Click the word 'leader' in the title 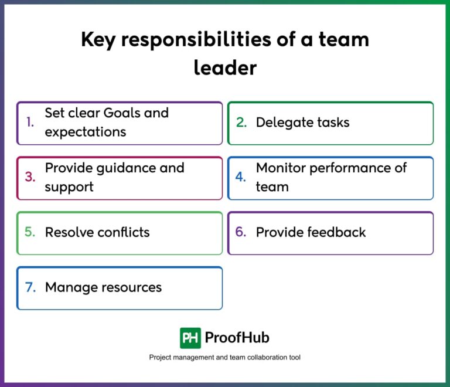tap(225, 67)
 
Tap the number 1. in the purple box tap(30, 122)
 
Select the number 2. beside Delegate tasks tap(241, 123)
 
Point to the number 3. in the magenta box tap(30, 177)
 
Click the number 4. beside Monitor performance tap(240, 177)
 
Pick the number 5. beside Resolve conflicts tap(30, 232)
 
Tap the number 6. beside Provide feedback tap(240, 232)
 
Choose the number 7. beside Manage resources tap(30, 287)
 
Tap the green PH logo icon tap(190, 338)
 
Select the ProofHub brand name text tap(237, 338)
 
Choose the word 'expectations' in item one tap(86, 132)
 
